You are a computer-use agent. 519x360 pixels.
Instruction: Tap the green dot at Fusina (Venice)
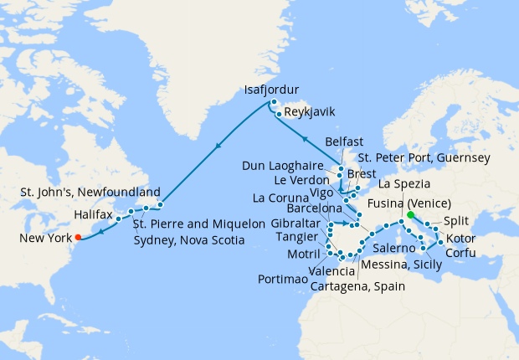[411, 215]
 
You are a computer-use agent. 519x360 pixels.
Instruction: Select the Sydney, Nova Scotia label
[189, 239]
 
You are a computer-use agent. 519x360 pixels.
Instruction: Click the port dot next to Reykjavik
[277, 112]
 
